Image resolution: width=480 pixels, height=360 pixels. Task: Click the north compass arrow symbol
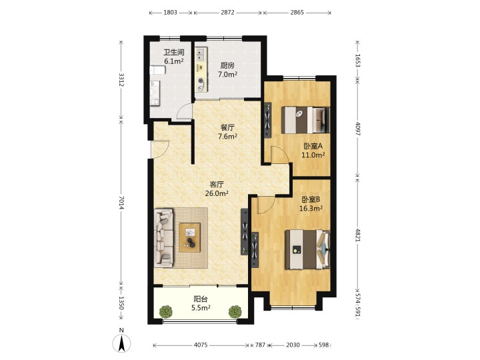pos(121,343)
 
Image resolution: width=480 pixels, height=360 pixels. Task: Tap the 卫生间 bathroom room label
pos(174,53)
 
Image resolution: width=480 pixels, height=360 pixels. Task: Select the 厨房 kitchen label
pos(227,65)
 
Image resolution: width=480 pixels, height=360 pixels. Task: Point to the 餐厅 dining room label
pos(227,127)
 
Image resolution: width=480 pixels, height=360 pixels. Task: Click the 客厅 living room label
pos(217,184)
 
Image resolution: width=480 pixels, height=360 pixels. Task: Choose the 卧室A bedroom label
pos(313,146)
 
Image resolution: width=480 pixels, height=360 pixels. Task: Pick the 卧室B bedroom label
pos(311,199)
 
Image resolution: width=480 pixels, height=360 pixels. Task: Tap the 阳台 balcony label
pos(201,299)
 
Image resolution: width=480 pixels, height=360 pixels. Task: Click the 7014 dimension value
pos(121,203)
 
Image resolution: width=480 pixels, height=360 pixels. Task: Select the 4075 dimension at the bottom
pos(201,345)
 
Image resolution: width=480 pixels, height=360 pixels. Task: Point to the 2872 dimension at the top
pos(227,12)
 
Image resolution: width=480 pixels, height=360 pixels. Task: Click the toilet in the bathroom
pos(157,70)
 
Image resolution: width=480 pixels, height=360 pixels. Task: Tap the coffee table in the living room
pos(190,237)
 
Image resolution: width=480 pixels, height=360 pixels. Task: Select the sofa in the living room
pos(164,238)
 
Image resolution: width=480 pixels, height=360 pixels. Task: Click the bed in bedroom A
pos(305,120)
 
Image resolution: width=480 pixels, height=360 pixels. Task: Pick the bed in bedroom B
pos(307,249)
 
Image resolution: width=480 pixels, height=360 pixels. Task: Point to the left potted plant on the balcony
pos(165,311)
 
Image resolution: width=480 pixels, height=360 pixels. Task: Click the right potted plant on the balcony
pos(235,311)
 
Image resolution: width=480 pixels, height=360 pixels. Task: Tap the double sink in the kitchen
pos(201,54)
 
